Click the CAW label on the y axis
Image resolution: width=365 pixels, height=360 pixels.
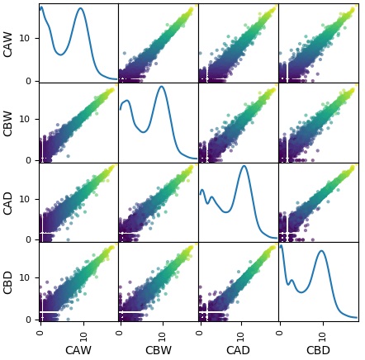pyautogui.click(x=9, y=44)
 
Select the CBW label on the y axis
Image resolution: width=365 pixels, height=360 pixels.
pyautogui.click(x=9, y=123)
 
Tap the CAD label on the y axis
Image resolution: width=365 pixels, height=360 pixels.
pyautogui.click(x=9, y=202)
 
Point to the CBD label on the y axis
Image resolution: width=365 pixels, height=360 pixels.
pyautogui.click(x=9, y=282)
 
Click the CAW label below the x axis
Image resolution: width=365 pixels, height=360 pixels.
pyautogui.click(x=78, y=351)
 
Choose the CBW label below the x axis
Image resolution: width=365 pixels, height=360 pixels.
pyautogui.click(x=158, y=351)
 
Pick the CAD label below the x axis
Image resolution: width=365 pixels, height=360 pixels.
pyautogui.click(x=238, y=351)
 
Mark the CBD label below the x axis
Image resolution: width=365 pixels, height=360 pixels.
pyautogui.click(x=318, y=351)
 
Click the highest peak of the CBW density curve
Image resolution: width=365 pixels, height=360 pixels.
pyautogui.click(x=161, y=87)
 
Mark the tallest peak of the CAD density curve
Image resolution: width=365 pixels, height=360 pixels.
pyautogui.click(x=243, y=166)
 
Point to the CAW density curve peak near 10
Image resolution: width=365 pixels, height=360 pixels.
pyautogui.click(x=80, y=8)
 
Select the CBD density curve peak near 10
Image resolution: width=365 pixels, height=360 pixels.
pyautogui.click(x=321, y=251)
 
